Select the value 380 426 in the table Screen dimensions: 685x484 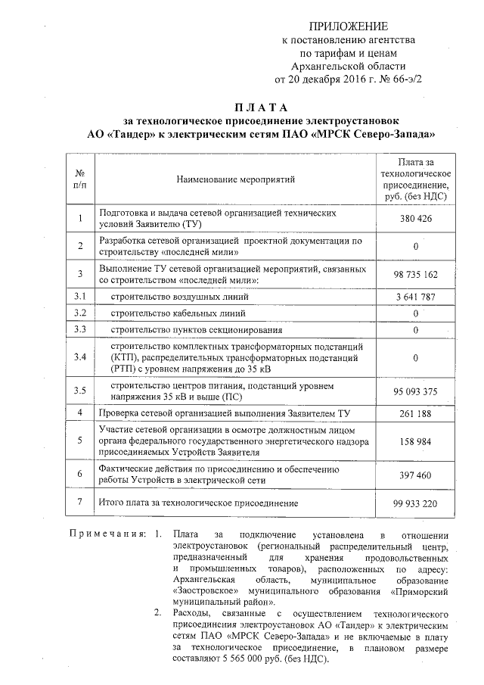click(416, 219)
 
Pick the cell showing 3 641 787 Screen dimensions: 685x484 click(416, 297)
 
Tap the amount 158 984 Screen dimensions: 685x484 click(416, 441)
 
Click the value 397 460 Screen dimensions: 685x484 click(416, 475)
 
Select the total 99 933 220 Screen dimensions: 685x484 click(416, 503)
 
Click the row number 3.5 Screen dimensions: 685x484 click(79, 391)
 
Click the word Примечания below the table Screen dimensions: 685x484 click(108, 535)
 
